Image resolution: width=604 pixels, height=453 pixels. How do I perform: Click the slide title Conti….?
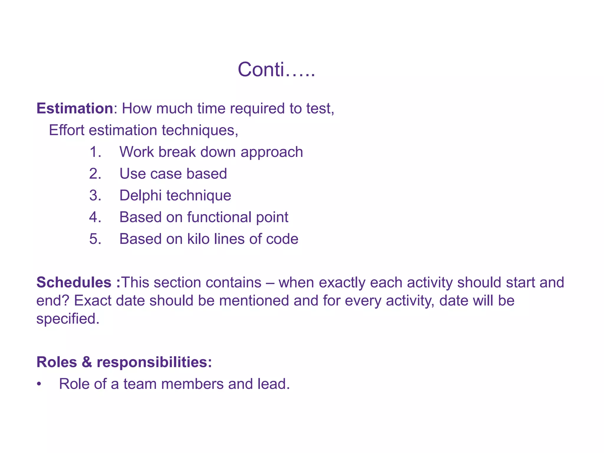[276, 70]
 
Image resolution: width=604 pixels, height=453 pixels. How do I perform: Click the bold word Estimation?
[75, 109]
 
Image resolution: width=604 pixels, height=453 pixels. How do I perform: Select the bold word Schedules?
[74, 282]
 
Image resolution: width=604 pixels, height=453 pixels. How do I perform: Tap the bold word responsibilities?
[154, 362]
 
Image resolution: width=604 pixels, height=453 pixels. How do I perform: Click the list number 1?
[95, 152]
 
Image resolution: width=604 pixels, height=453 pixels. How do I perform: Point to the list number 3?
[95, 196]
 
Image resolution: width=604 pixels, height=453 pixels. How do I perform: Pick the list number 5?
[95, 239]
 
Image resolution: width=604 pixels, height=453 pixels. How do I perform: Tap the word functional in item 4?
[219, 217]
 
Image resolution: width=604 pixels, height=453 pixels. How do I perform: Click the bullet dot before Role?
[39, 384]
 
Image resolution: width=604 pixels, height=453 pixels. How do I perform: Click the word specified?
[68, 319]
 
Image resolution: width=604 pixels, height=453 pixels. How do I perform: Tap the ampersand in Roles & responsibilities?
[87, 362]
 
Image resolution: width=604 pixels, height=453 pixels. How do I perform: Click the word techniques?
[200, 130]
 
